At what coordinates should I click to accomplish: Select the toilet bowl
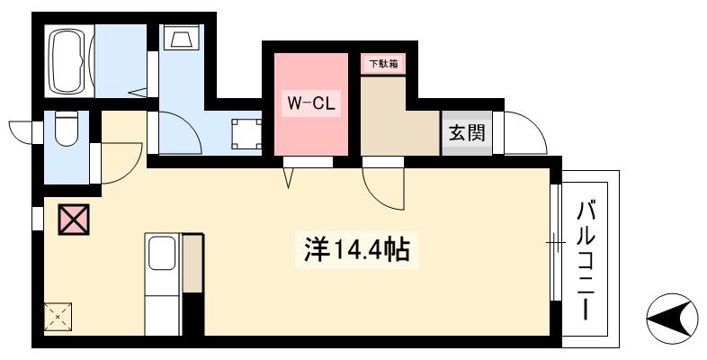click(66, 132)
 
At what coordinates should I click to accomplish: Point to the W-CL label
click(310, 103)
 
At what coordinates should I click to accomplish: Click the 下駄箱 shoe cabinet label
click(382, 64)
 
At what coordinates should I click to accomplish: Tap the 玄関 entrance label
click(467, 134)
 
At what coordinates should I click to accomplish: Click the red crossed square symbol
click(73, 220)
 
